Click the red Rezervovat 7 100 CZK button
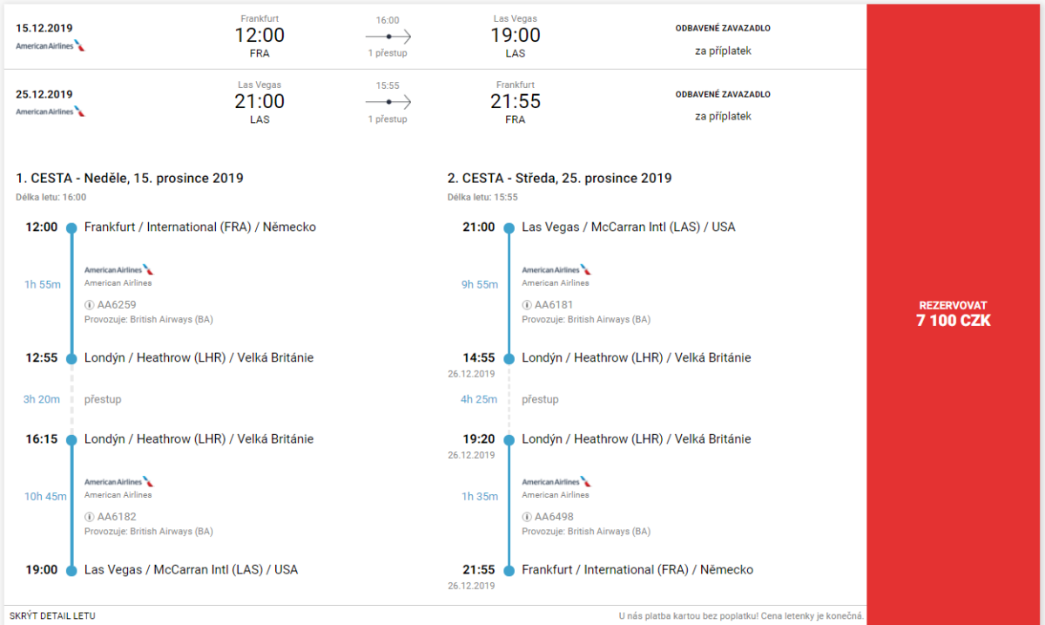pos(954,313)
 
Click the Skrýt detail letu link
pos(52,615)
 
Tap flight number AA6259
pos(117,305)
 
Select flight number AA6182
pos(117,517)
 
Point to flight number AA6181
pos(554,305)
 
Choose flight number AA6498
pos(554,517)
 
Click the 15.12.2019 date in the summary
pos(44,28)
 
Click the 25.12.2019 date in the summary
pos(44,94)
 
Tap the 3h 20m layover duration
pos(42,399)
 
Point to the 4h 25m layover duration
pos(479,399)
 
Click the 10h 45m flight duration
pos(45,497)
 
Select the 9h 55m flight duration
pos(479,284)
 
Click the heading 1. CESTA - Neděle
pos(130,179)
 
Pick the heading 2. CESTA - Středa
pos(559,179)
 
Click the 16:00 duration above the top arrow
pos(388,20)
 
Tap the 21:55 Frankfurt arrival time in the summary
pos(516,102)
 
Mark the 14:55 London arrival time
pos(478,358)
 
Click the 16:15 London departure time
pos(41,439)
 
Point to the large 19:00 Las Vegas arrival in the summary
pos(516,36)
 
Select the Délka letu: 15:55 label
pos(482,197)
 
